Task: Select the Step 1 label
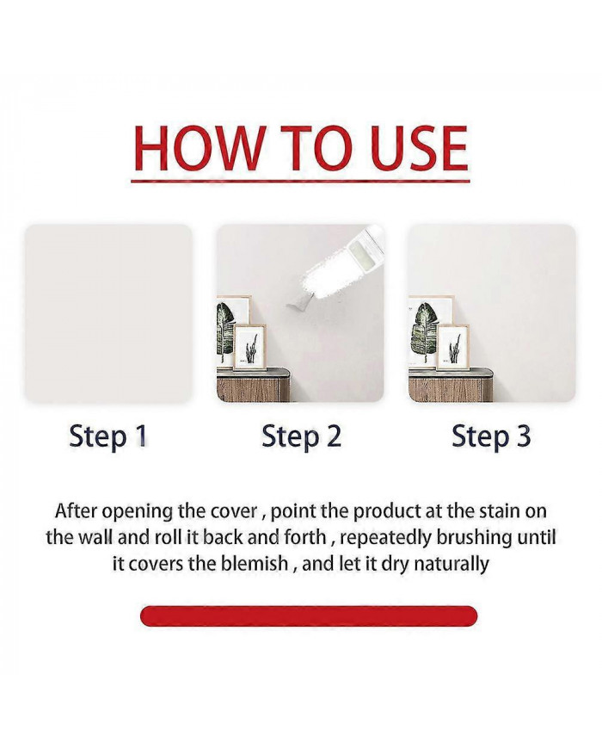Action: [108, 437]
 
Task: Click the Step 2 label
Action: [301, 437]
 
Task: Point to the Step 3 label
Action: [491, 437]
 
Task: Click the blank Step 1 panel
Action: [108, 313]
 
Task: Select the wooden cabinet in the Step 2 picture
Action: [253, 385]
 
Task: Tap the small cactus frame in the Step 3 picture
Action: [453, 347]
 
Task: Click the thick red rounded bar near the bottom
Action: [309, 615]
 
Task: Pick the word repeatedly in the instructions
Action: [386, 538]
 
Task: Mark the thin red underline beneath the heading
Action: [300, 181]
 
